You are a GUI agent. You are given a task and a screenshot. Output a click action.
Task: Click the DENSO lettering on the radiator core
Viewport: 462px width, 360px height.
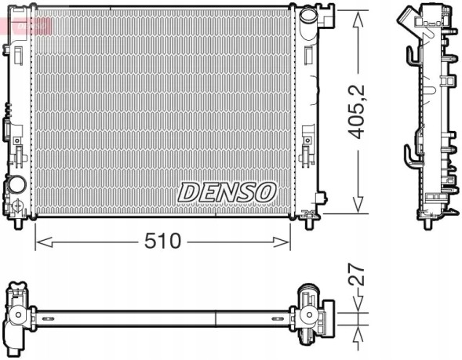pos(227,191)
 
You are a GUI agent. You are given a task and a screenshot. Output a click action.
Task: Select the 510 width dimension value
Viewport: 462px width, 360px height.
pos(163,241)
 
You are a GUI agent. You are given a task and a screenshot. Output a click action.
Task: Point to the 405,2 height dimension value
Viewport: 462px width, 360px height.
pos(358,112)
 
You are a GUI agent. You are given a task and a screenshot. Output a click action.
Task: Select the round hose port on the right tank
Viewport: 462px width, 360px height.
pos(307,16)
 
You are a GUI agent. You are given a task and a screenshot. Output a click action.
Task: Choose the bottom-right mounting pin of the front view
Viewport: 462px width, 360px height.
pos(307,220)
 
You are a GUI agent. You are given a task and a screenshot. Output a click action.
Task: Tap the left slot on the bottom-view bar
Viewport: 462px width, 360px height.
pos(48,318)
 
